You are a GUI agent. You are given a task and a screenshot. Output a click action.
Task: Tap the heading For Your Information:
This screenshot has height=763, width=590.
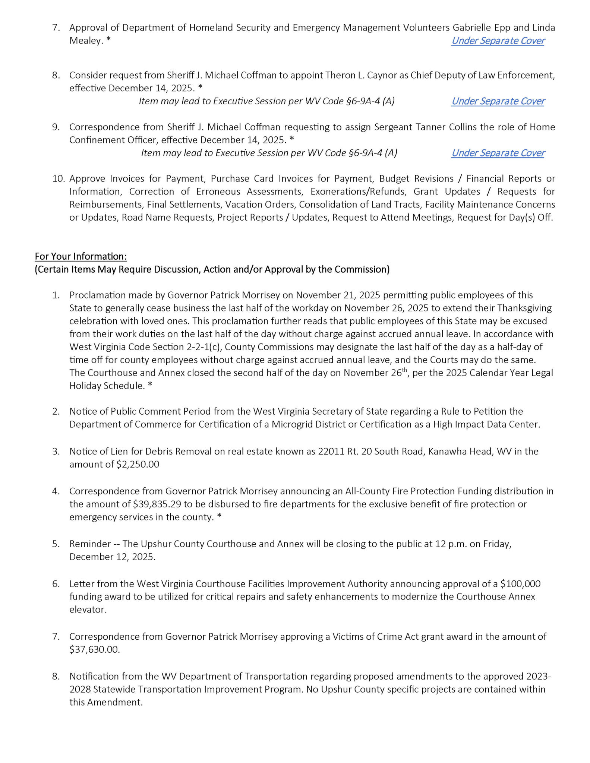pos(81,256)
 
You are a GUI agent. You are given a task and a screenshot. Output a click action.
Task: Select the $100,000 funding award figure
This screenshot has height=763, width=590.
pos(520,584)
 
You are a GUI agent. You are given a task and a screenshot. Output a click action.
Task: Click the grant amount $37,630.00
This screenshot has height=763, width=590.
pos(94,649)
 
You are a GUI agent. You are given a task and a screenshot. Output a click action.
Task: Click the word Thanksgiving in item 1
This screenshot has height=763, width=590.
pos(524,308)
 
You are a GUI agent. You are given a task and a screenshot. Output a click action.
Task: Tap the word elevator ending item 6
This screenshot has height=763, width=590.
pos(88,610)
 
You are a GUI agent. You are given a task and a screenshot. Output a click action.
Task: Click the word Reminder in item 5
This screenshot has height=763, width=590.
pos(90,544)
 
